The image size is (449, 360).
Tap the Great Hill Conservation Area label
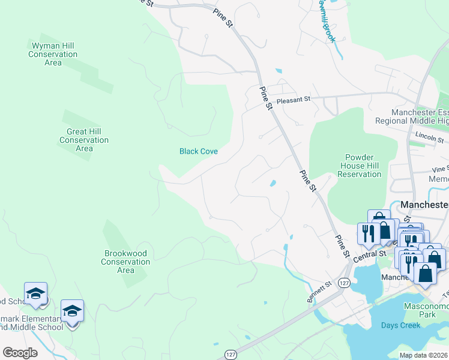click(x=84, y=140)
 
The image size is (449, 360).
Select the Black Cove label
click(x=198, y=151)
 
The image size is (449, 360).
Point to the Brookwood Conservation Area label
click(x=125, y=262)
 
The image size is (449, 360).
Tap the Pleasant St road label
click(x=292, y=100)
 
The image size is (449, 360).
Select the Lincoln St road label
click(x=428, y=137)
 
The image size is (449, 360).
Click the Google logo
click(x=20, y=353)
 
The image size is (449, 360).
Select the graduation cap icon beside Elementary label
click(x=72, y=311)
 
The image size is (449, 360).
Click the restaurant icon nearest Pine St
click(x=367, y=233)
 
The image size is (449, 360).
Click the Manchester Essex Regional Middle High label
click(x=420, y=116)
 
